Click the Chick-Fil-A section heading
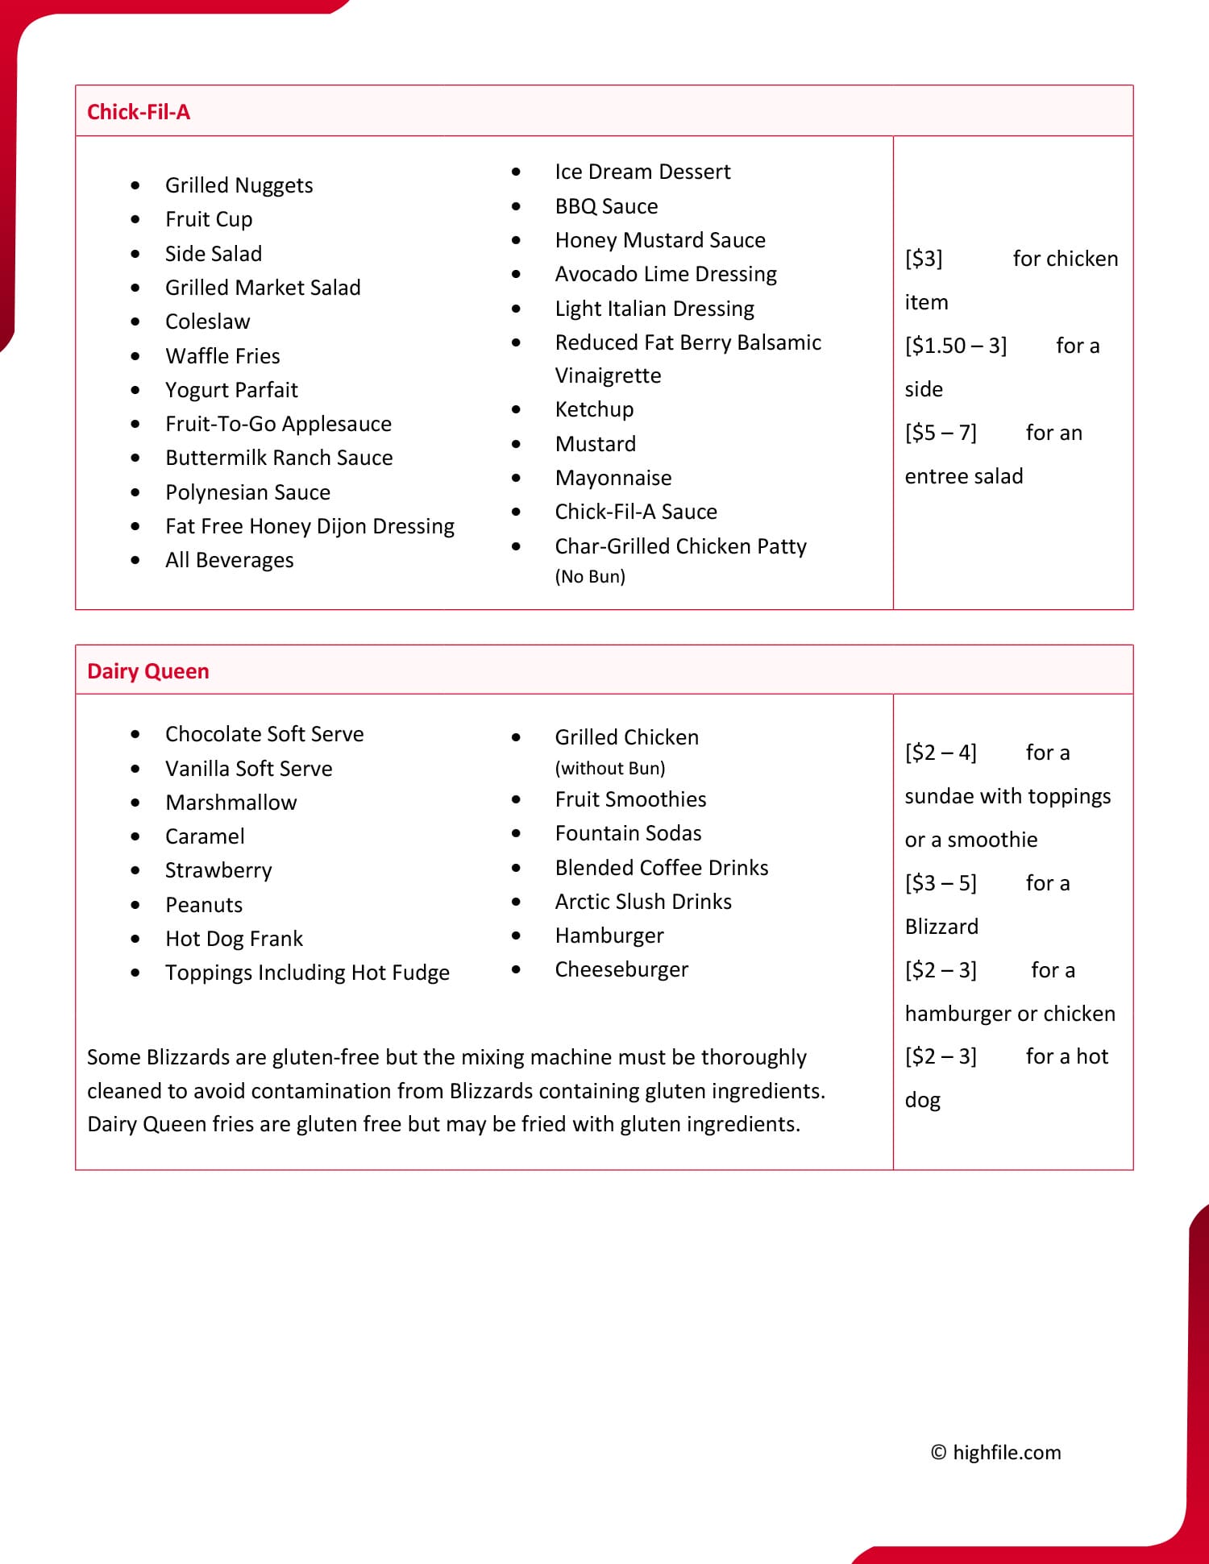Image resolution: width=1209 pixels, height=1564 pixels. [x=139, y=112]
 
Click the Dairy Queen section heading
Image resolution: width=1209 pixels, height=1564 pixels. [x=148, y=671]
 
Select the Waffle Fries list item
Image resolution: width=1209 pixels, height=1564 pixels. [x=222, y=356]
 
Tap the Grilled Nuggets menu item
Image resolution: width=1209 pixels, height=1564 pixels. [x=239, y=185]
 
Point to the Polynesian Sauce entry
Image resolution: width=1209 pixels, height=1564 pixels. [x=247, y=492]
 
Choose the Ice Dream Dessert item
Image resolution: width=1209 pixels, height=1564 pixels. [x=642, y=172]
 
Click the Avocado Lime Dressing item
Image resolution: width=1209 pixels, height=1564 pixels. [x=666, y=274]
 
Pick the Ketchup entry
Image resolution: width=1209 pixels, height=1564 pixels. [x=594, y=409]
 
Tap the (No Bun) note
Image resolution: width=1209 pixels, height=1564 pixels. [x=590, y=577]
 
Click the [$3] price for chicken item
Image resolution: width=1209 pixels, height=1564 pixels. [x=924, y=259]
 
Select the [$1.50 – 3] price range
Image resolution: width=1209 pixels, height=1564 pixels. [x=956, y=346]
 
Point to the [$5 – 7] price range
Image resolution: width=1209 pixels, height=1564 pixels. [x=941, y=433]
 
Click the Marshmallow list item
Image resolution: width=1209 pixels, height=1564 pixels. [x=231, y=803]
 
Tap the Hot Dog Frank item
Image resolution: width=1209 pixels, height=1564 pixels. [x=234, y=939]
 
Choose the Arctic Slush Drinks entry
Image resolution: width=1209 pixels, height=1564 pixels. [x=643, y=902]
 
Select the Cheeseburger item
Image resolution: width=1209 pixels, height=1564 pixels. [x=621, y=969]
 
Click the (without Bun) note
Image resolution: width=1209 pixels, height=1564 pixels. [x=610, y=769]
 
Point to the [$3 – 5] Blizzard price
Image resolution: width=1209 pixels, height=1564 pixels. [x=941, y=883]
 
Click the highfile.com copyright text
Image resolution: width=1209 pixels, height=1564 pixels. [x=996, y=1452]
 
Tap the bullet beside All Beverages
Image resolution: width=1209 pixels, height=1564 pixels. [x=135, y=561]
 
